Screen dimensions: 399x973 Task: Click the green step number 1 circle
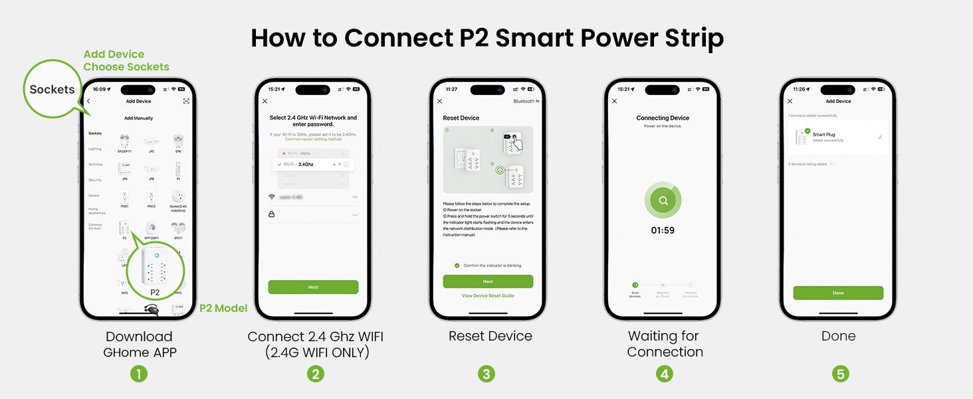(x=138, y=374)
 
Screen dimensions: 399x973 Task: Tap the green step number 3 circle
(x=486, y=374)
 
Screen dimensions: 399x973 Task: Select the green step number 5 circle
(x=841, y=374)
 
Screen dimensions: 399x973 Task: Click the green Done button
(x=838, y=293)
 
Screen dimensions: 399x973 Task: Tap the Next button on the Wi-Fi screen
(x=313, y=287)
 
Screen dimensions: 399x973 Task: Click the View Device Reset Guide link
(x=488, y=295)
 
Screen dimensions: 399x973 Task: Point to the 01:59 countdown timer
(x=663, y=230)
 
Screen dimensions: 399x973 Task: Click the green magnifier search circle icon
(x=663, y=200)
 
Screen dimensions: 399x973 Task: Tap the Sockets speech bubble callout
(x=52, y=89)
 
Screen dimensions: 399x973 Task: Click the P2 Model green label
(x=223, y=308)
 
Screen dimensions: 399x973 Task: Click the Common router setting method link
(x=313, y=139)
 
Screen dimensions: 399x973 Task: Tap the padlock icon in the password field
(x=271, y=214)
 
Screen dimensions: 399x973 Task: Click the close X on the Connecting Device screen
(x=614, y=101)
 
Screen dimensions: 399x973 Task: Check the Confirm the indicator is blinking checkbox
(x=457, y=265)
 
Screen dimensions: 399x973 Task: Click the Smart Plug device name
(x=823, y=134)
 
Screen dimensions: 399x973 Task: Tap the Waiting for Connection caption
(x=665, y=344)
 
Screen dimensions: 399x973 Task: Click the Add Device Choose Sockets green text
(x=126, y=61)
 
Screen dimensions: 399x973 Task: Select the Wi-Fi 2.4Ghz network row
(x=313, y=164)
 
